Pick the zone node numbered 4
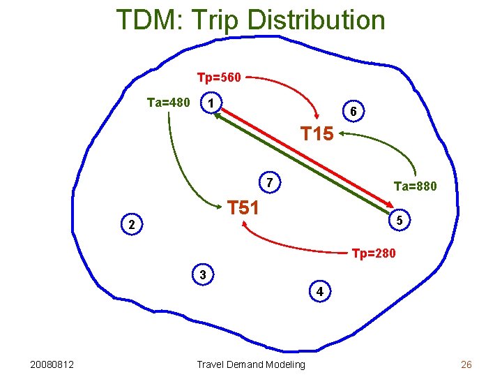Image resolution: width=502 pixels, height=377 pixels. click(x=319, y=292)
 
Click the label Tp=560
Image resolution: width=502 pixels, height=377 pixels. click(x=219, y=77)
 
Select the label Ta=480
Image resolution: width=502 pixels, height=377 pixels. click(x=168, y=103)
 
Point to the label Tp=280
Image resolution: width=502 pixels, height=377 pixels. click(x=374, y=253)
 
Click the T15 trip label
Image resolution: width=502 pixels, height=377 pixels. click(x=317, y=133)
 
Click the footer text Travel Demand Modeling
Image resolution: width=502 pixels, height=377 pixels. click(x=251, y=364)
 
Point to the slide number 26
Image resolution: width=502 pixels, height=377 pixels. click(x=466, y=364)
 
